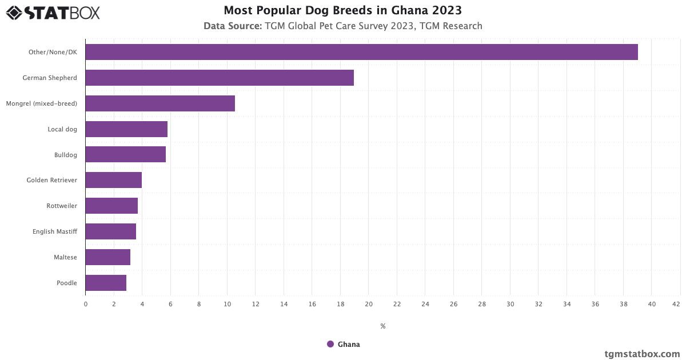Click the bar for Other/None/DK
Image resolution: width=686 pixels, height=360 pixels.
[361, 52]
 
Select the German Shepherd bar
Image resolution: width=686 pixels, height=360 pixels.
[220, 78]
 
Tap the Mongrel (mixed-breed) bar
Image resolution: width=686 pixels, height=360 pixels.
[160, 103]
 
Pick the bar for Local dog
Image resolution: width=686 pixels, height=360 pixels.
[126, 129]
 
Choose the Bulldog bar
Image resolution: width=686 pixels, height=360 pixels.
[126, 154]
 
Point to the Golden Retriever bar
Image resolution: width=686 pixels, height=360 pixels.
[114, 180]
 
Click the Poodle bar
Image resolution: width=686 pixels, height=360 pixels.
[106, 283]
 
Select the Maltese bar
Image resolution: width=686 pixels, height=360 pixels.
[108, 257]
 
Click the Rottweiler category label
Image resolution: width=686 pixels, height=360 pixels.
[62, 206]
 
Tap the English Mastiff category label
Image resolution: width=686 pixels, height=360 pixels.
[55, 231]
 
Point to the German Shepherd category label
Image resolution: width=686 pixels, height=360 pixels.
[50, 78]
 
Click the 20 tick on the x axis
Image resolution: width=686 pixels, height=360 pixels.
[369, 304]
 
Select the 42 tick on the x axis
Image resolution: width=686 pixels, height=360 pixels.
[676, 304]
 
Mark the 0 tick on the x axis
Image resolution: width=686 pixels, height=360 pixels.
[86, 304]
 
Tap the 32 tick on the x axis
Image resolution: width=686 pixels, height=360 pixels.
[539, 304]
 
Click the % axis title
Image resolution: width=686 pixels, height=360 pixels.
[383, 326]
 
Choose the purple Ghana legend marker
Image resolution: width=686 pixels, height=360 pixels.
[330, 344]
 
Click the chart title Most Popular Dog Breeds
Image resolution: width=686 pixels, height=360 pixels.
[343, 10]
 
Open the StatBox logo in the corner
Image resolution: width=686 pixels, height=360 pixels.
[53, 13]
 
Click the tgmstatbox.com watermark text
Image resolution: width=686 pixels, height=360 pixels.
[642, 354]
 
